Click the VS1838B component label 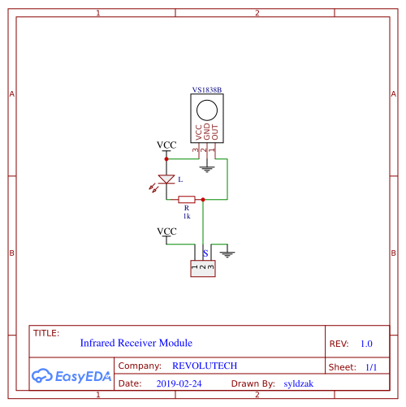click(x=207, y=90)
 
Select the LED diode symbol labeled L click(x=166, y=180)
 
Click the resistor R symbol click(x=187, y=200)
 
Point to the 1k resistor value click(x=187, y=216)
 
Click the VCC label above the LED click(x=166, y=145)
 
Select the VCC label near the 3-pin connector click(x=166, y=232)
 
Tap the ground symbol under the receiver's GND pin click(x=207, y=169)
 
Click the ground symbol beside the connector click(x=227, y=254)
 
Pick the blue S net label click(x=205, y=253)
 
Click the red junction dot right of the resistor click(x=203, y=200)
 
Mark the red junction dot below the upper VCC click(x=166, y=159)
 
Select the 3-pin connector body click(x=203, y=269)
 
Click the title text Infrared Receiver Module click(x=136, y=343)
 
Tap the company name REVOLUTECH click(x=205, y=366)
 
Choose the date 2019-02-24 click(x=179, y=383)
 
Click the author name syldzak click(x=299, y=383)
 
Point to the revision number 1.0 click(x=366, y=344)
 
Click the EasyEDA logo click(x=71, y=376)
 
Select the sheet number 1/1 click(x=371, y=367)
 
